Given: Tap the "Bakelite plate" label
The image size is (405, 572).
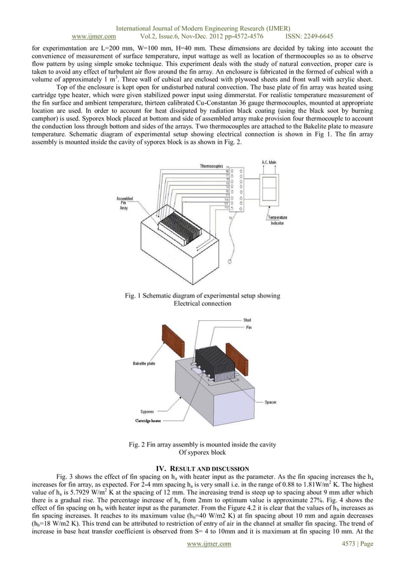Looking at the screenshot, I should click(145, 364).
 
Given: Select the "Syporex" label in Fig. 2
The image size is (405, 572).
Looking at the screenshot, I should click(149, 412).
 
